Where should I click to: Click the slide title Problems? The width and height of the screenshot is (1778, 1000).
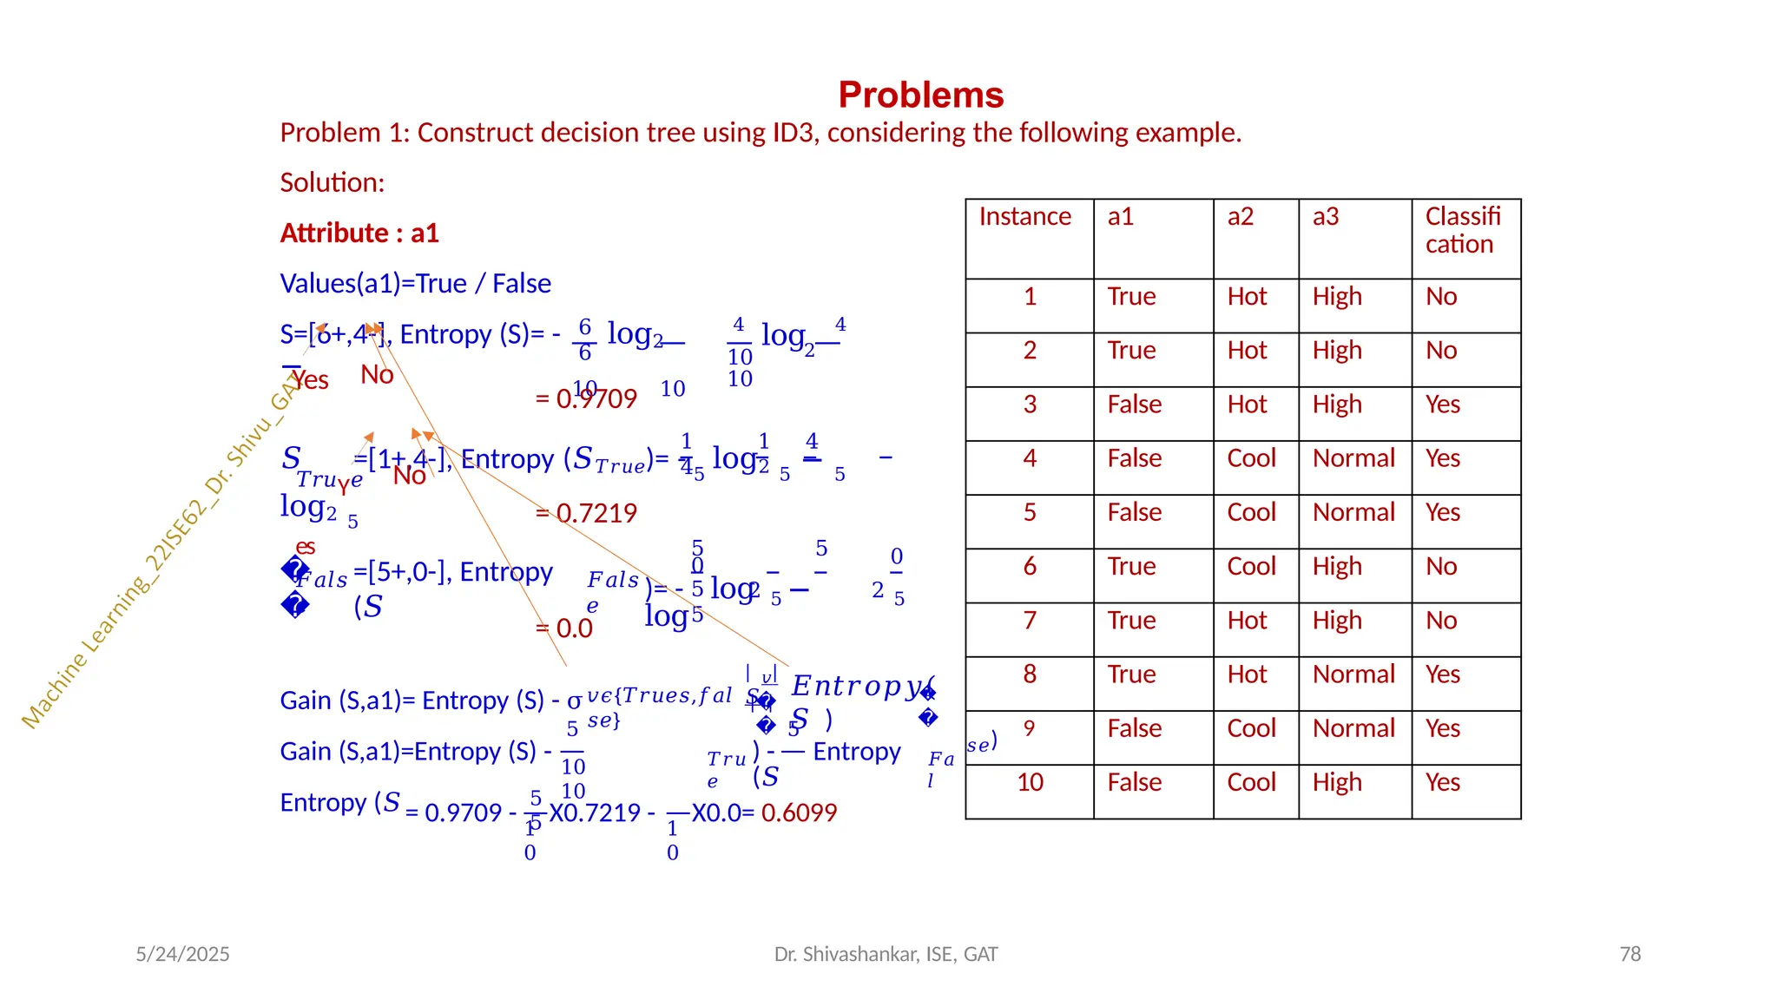[920, 95]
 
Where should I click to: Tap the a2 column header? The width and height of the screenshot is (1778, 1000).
[1240, 216]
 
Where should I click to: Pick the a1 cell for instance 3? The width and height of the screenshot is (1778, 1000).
[1134, 405]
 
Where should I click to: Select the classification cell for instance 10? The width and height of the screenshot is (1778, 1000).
[1442, 783]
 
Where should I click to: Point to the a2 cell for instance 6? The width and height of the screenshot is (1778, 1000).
[1251, 567]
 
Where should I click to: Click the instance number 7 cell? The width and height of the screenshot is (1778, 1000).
[1030, 621]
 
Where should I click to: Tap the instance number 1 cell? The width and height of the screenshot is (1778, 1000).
[1030, 297]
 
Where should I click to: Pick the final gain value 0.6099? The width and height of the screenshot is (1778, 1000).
[799, 812]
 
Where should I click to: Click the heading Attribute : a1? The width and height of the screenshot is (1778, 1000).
[359, 233]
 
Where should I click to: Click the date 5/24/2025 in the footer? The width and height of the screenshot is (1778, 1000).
[182, 954]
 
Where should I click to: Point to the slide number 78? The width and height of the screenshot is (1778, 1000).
[1630, 954]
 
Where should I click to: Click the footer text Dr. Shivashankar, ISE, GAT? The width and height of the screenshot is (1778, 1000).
[886, 954]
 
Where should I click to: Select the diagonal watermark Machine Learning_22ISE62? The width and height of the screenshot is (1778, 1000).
[148, 573]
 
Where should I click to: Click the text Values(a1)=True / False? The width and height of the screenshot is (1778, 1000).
[415, 284]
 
